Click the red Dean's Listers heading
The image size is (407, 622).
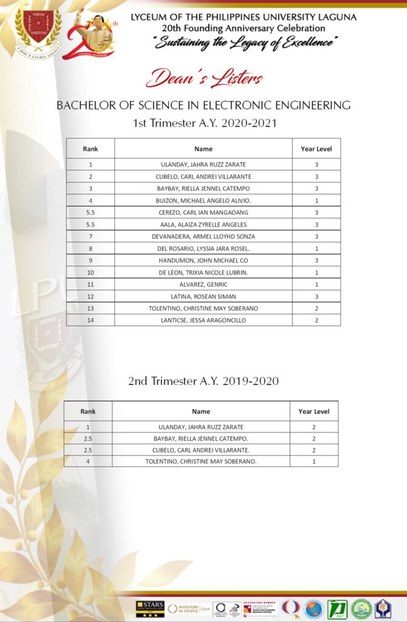click(x=203, y=78)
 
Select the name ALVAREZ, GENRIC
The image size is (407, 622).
click(x=203, y=284)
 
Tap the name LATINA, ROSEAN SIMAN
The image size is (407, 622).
click(x=203, y=296)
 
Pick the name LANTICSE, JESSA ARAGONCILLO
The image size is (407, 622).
click(x=203, y=320)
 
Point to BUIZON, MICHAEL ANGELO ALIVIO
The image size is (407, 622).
click(x=203, y=200)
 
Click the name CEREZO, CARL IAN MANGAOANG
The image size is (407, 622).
click(x=203, y=213)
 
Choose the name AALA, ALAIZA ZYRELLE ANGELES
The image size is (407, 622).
click(x=203, y=224)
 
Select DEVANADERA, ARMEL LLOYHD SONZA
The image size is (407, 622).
click(x=203, y=236)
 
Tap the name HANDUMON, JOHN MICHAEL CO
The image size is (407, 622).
click(x=203, y=260)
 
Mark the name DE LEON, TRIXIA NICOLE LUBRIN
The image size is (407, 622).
click(x=203, y=272)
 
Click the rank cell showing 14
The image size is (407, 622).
click(x=90, y=320)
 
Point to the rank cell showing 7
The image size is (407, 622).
click(x=90, y=236)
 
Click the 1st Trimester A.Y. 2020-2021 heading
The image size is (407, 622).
click(x=205, y=123)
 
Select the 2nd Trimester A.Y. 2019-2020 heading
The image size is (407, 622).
click(x=203, y=381)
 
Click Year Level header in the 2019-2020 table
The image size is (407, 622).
click(x=313, y=411)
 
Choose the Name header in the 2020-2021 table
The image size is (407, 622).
click(x=203, y=149)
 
